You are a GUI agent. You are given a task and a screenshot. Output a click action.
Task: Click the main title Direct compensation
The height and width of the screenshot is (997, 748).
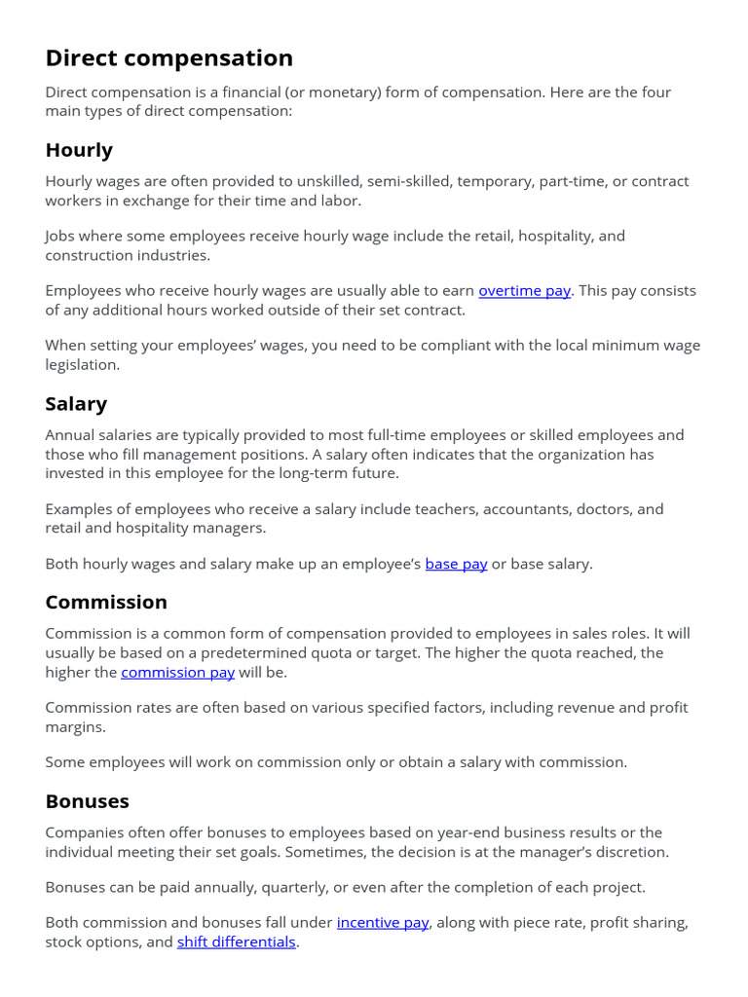(168, 58)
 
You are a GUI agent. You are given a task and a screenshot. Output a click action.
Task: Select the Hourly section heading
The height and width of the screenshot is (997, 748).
(79, 150)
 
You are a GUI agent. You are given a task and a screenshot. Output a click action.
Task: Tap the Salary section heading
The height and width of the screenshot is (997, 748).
(76, 403)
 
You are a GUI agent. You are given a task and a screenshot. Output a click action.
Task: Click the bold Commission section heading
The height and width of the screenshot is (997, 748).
(106, 602)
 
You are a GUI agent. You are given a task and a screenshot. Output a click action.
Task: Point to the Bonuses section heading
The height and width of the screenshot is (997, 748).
(87, 801)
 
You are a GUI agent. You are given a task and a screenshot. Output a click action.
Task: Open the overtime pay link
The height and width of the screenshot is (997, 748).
(524, 290)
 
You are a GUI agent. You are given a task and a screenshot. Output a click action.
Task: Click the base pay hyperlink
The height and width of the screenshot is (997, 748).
(456, 564)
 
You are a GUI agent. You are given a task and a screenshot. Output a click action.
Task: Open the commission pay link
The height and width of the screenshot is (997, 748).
(177, 673)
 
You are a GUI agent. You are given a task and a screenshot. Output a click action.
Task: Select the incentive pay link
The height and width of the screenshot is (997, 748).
(383, 922)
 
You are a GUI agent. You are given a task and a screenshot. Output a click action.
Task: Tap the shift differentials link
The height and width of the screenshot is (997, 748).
(236, 942)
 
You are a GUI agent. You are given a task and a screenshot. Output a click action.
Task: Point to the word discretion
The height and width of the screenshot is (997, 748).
(630, 852)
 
